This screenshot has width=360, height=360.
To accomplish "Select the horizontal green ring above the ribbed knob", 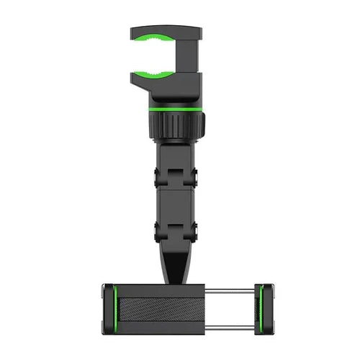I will coord(175,108).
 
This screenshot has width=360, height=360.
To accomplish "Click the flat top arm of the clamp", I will coord(166,31).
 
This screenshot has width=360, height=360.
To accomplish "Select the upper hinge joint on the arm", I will coord(176,175).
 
